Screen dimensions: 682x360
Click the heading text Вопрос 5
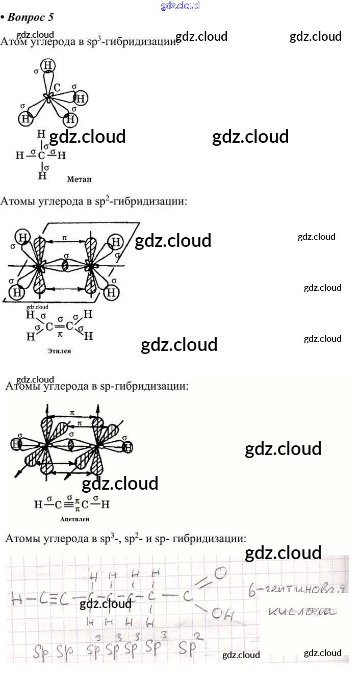coord(31,17)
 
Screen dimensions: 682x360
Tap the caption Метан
coord(79,179)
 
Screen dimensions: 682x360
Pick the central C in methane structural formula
coord(42,155)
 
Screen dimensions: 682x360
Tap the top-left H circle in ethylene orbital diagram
coord(22,237)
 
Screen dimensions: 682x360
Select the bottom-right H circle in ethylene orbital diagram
coord(112,293)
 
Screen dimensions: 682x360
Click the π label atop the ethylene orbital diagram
coord(64,238)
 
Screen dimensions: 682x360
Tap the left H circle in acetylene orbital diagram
coord(18,445)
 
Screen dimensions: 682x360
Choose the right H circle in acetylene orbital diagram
coord(128,447)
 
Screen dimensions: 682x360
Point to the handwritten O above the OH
coord(220,574)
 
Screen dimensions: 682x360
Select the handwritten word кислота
coord(301,611)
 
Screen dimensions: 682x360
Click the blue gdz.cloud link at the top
coord(179,6)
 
